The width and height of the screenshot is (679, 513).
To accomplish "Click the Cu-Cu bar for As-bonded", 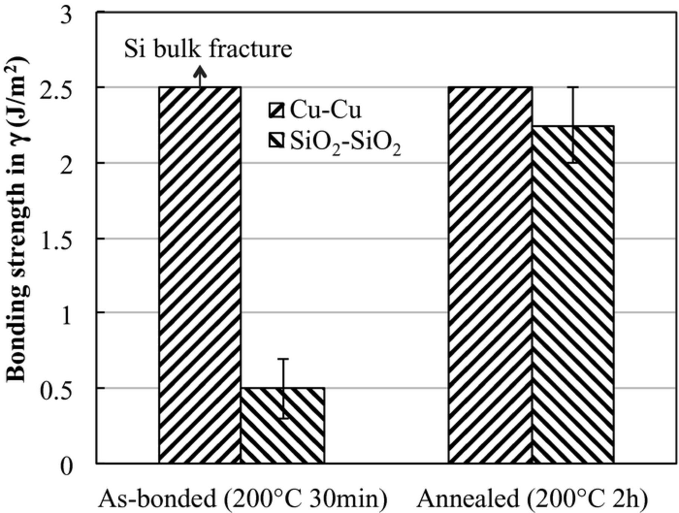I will (200, 275).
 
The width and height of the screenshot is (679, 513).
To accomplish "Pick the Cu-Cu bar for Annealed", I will (490, 275).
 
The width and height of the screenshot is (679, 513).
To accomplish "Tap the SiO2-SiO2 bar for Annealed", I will (573, 294).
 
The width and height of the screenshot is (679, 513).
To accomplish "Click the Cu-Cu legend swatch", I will (276, 111).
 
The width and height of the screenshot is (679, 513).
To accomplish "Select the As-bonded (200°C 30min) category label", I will (243, 499).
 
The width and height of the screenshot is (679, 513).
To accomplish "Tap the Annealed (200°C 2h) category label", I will (532, 499).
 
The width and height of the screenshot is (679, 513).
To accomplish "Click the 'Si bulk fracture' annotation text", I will (208, 49).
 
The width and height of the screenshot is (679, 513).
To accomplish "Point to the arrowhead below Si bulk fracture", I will (200, 71).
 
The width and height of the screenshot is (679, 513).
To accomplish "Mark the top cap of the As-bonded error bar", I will (283, 359).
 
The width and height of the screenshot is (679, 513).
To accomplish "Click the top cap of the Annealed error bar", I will (573, 88).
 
